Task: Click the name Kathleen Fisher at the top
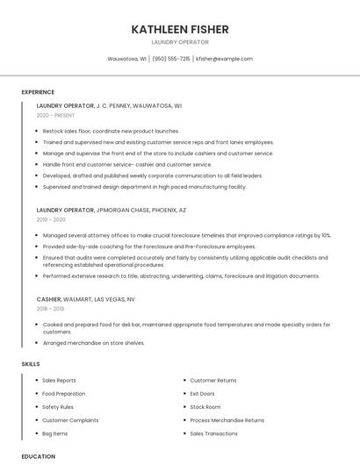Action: click(x=180, y=30)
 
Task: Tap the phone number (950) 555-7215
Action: click(x=171, y=59)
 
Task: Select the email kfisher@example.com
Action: click(x=224, y=59)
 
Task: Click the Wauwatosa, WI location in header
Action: click(x=127, y=59)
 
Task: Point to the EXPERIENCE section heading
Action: click(x=38, y=92)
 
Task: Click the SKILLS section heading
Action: click(x=30, y=363)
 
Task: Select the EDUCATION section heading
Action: click(x=38, y=456)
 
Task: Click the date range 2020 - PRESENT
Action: click(x=55, y=115)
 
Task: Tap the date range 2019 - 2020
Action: click(x=51, y=220)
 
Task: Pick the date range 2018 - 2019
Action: click(x=51, y=309)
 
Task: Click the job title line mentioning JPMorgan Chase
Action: click(x=112, y=211)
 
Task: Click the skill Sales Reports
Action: click(x=59, y=380)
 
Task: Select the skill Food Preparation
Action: click(x=63, y=394)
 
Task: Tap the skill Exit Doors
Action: click(x=203, y=394)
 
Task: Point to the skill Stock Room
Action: click(x=205, y=407)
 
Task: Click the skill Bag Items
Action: click(x=54, y=433)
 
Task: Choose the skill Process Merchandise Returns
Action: click(x=227, y=420)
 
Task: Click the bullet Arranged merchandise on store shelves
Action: click(x=93, y=343)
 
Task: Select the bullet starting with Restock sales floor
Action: click(x=111, y=131)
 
